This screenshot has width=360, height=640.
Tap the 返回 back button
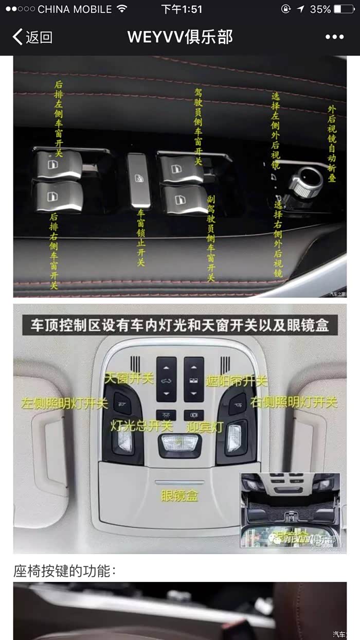click(x=32, y=37)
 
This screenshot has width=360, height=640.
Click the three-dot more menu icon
click(x=334, y=37)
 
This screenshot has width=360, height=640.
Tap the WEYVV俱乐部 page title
click(x=180, y=37)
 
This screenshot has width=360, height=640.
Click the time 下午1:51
click(x=182, y=9)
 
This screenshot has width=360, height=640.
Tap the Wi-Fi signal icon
click(x=122, y=9)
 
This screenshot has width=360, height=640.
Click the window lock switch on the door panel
click(x=139, y=180)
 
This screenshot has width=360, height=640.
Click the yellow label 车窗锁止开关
click(x=140, y=237)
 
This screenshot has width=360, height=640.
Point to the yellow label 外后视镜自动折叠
click(x=332, y=144)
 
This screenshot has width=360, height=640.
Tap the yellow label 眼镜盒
click(x=179, y=496)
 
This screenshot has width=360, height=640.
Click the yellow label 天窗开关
click(x=129, y=379)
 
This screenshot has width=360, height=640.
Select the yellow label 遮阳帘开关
click(x=236, y=381)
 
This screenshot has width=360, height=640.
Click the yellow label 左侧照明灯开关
click(x=64, y=403)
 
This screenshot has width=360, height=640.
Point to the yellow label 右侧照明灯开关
click(x=294, y=402)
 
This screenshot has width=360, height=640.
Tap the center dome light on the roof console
click(x=179, y=444)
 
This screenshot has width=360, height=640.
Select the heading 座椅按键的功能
click(x=65, y=570)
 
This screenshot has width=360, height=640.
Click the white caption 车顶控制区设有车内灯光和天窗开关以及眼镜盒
click(x=179, y=325)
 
